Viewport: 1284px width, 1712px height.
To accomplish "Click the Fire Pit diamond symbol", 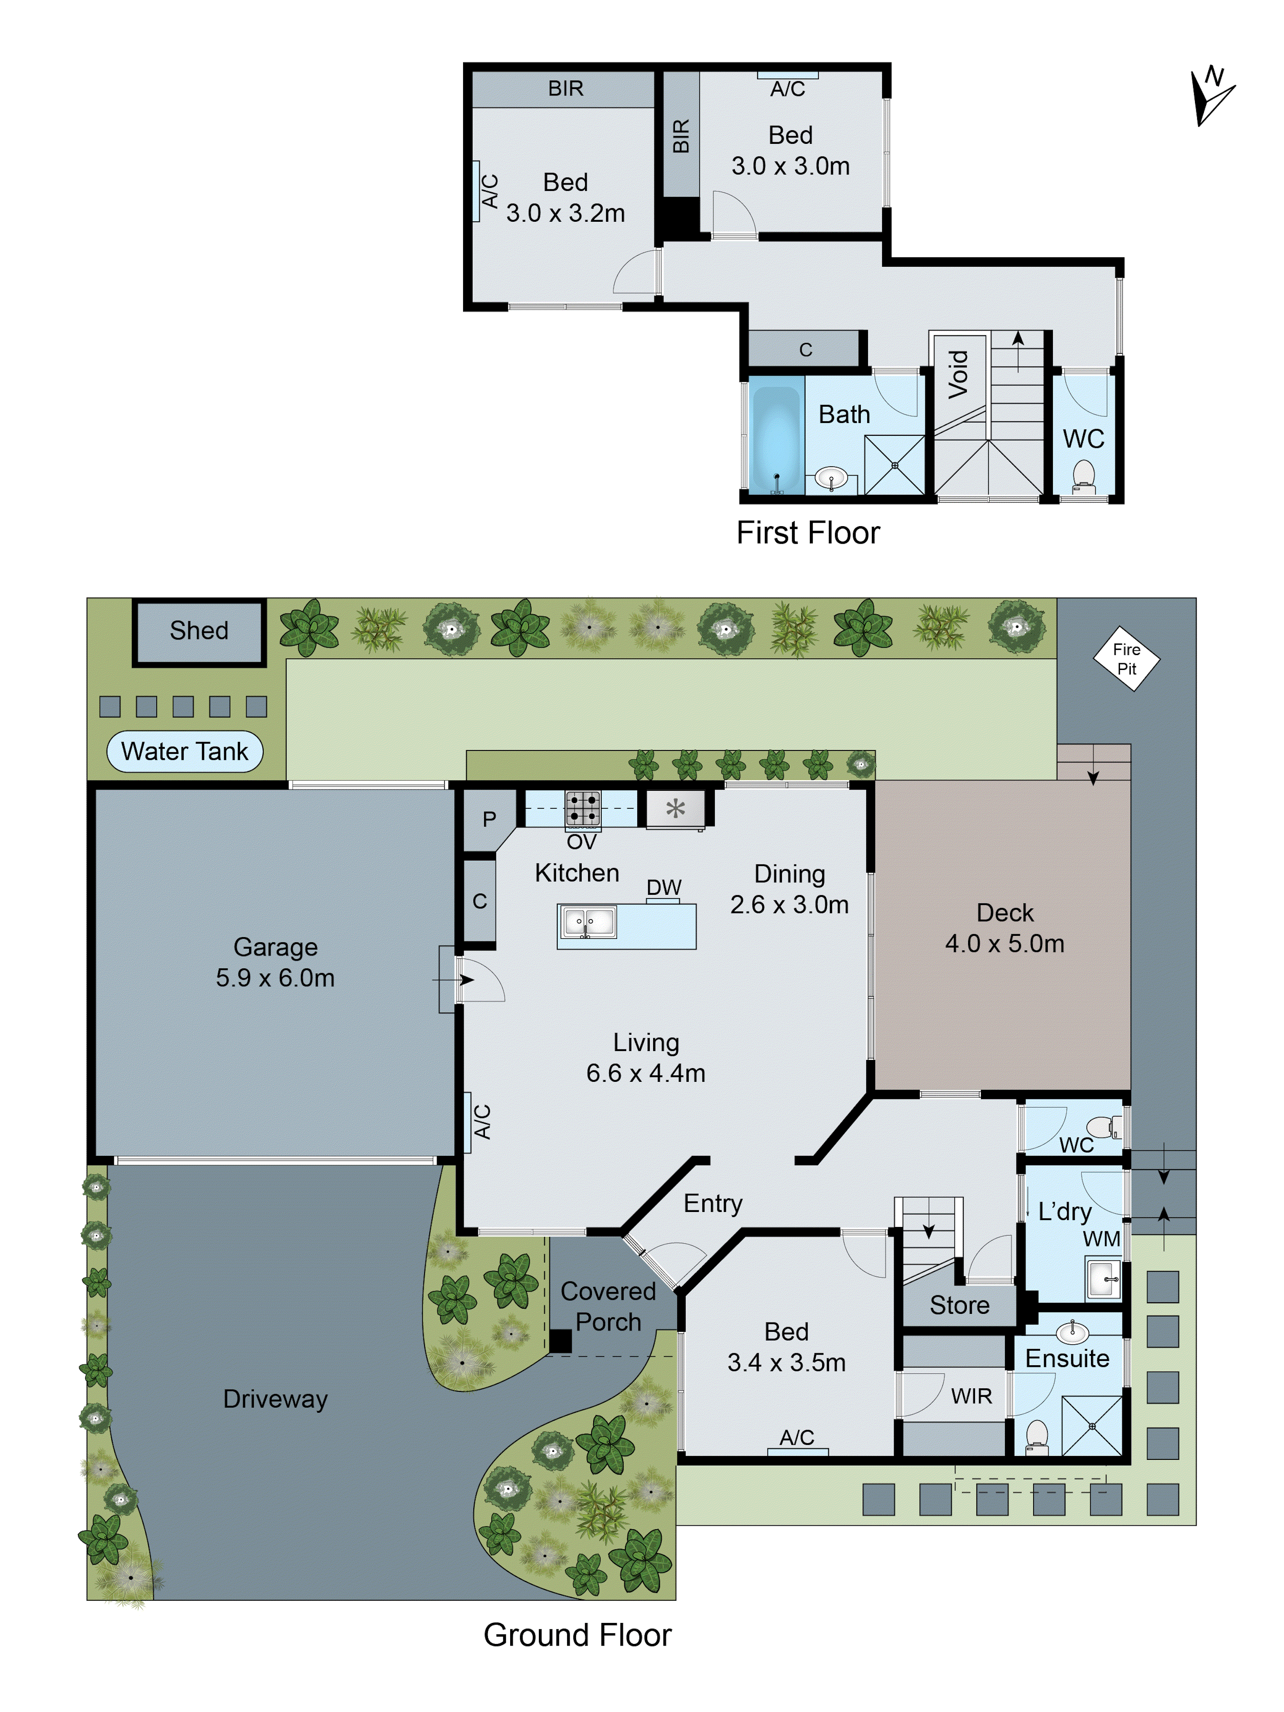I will coord(1126,658).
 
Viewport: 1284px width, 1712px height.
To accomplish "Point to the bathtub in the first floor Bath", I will coord(776,437).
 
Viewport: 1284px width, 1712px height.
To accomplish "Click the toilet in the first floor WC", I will coord(1084,477).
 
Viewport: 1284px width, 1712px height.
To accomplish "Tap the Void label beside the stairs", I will coord(958,375).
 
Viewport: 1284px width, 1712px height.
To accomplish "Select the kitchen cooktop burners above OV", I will coord(582,808).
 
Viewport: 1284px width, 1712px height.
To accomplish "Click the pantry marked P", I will coord(488,819).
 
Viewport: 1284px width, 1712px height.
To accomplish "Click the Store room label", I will coord(959,1305).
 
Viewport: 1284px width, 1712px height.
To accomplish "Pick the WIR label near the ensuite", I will coord(971,1396).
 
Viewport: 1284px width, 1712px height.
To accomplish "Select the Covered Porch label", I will coord(608,1307).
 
